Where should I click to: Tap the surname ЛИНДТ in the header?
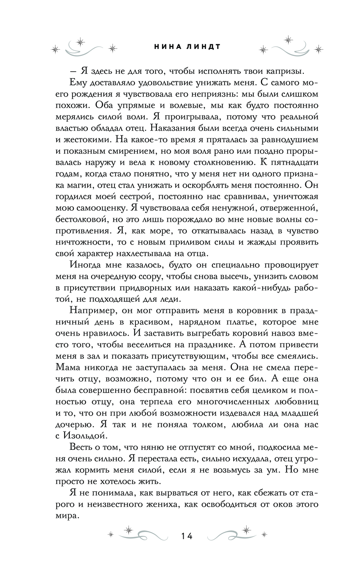(196, 47)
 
